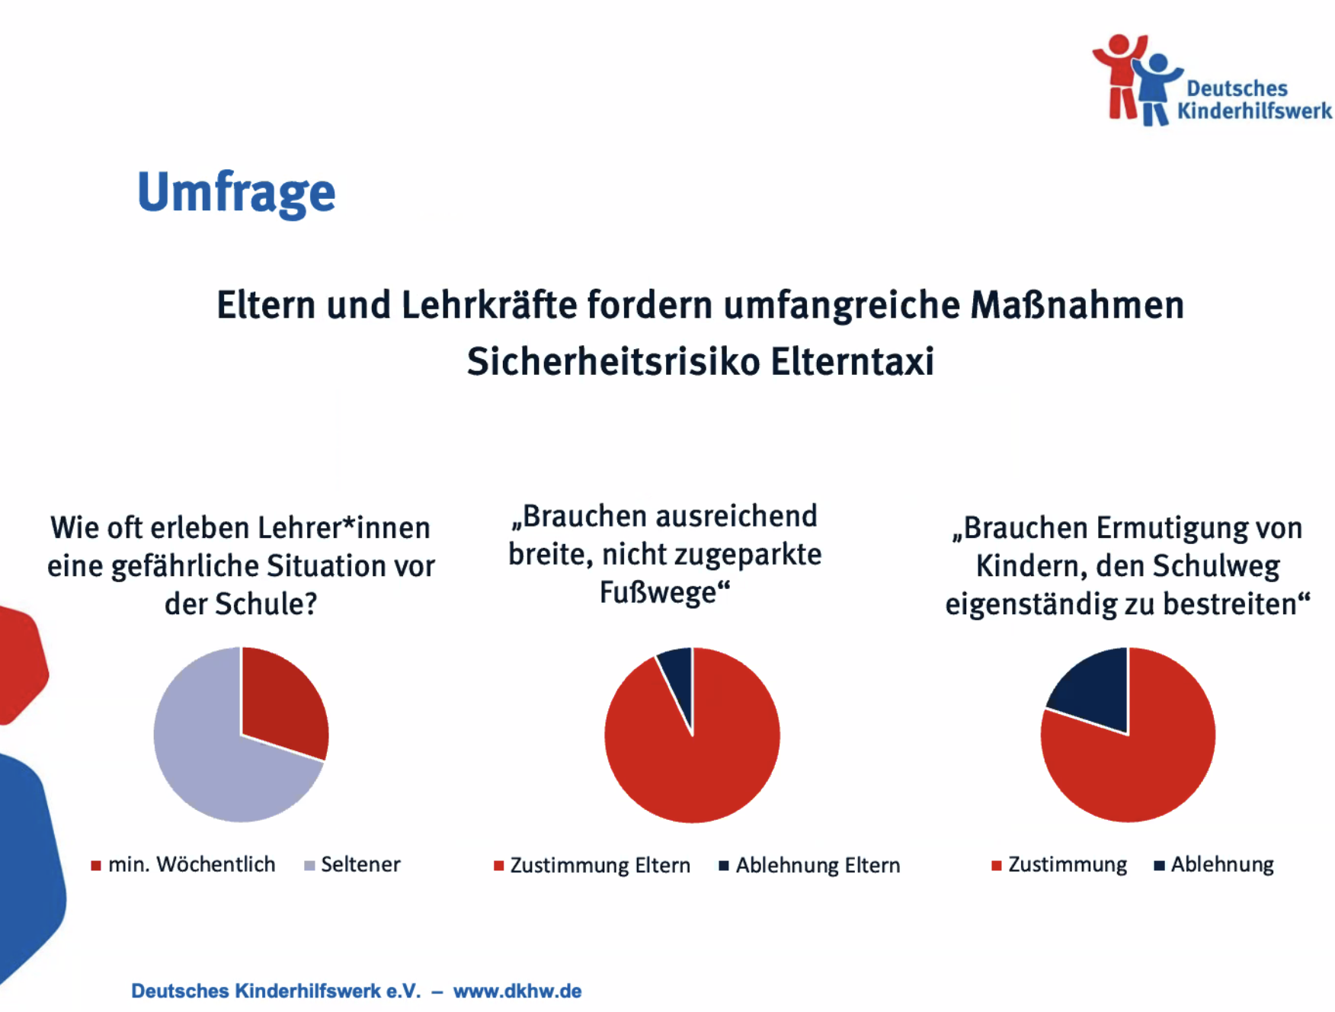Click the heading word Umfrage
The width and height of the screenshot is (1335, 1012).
[236, 192]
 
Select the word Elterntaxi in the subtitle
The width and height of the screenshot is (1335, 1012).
[852, 361]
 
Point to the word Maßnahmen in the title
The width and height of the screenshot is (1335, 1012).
[1077, 305]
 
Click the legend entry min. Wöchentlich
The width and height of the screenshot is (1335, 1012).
[183, 864]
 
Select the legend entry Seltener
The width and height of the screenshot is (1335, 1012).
[352, 864]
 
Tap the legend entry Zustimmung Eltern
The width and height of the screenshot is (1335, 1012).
[592, 865]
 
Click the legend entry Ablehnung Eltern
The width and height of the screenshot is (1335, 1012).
[809, 865]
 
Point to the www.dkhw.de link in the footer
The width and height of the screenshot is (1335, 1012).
[517, 991]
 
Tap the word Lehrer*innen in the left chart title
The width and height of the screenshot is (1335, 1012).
[344, 527]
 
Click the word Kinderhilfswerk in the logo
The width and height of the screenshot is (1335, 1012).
[1254, 111]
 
